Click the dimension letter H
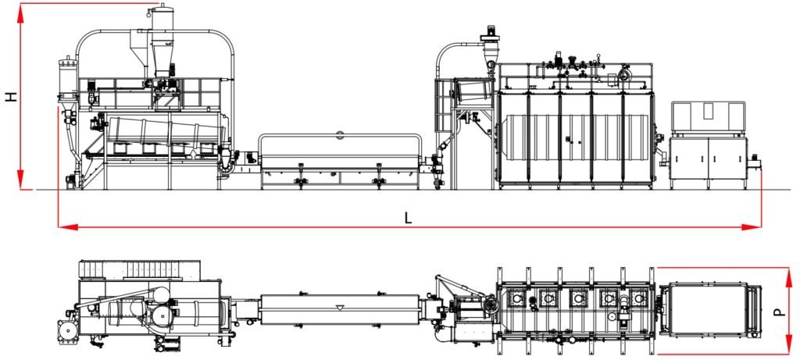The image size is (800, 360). click(x=12, y=96)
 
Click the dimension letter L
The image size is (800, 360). click(x=408, y=218)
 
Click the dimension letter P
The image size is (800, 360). click(x=779, y=311)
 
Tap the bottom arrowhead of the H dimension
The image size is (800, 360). click(x=20, y=180)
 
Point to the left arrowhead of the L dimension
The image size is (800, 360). click(x=68, y=227)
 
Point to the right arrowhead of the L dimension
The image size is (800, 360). click(x=752, y=227)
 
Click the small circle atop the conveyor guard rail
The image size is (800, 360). click(x=341, y=134)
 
